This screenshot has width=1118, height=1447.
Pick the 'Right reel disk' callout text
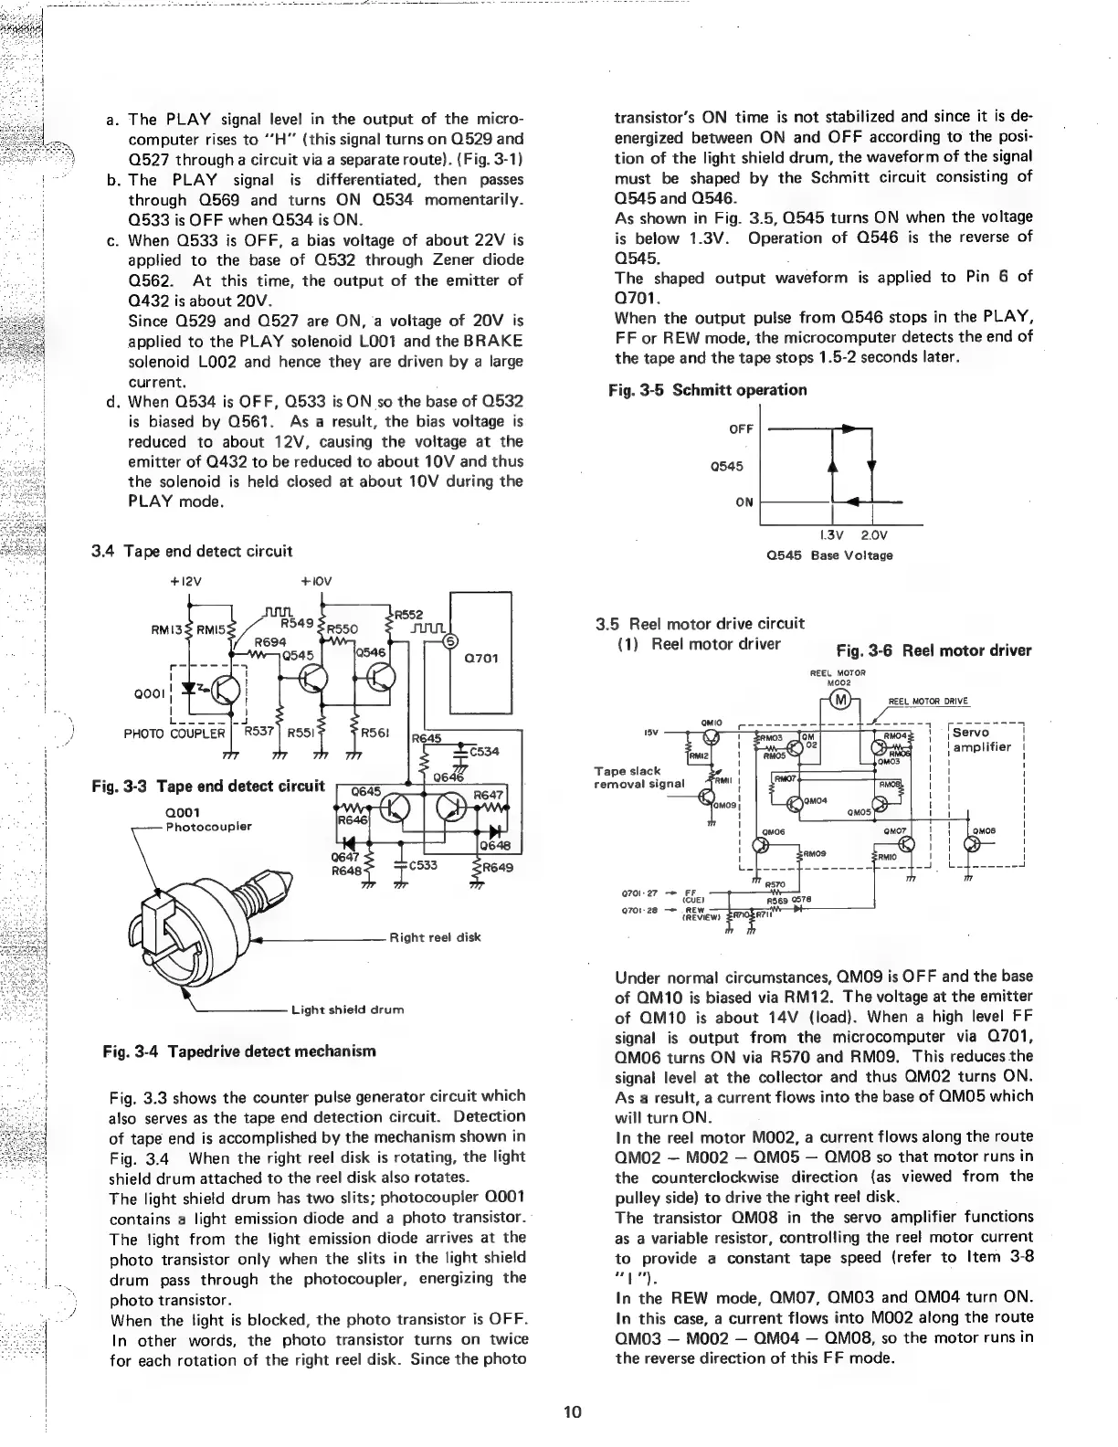coord(434,936)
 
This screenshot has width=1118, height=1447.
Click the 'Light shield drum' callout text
coord(347,1009)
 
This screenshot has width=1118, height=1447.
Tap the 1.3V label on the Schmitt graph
coord(829,536)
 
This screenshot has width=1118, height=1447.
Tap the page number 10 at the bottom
coord(573,1411)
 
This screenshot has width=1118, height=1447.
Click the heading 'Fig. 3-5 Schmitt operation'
coord(707,390)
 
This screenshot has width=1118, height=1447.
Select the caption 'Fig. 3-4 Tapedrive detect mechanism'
coord(240,1051)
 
